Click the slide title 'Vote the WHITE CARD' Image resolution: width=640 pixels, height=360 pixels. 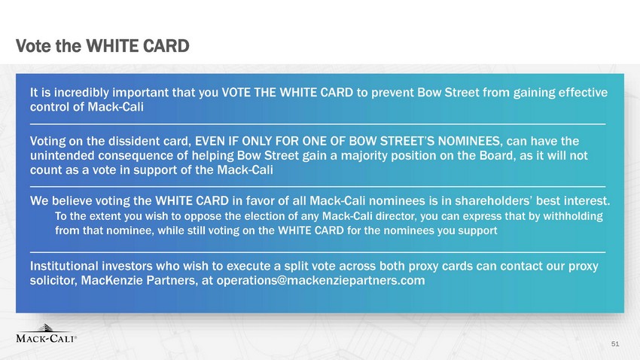(x=102, y=46)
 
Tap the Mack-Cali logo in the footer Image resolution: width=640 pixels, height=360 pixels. (x=46, y=334)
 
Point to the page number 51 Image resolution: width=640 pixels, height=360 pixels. (x=615, y=344)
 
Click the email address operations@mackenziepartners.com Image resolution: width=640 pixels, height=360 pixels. (x=321, y=281)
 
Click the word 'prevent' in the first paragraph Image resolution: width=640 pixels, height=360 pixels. (x=392, y=93)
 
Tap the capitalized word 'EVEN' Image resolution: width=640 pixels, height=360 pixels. (x=209, y=142)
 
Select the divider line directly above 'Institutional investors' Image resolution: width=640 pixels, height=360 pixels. (x=318, y=252)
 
